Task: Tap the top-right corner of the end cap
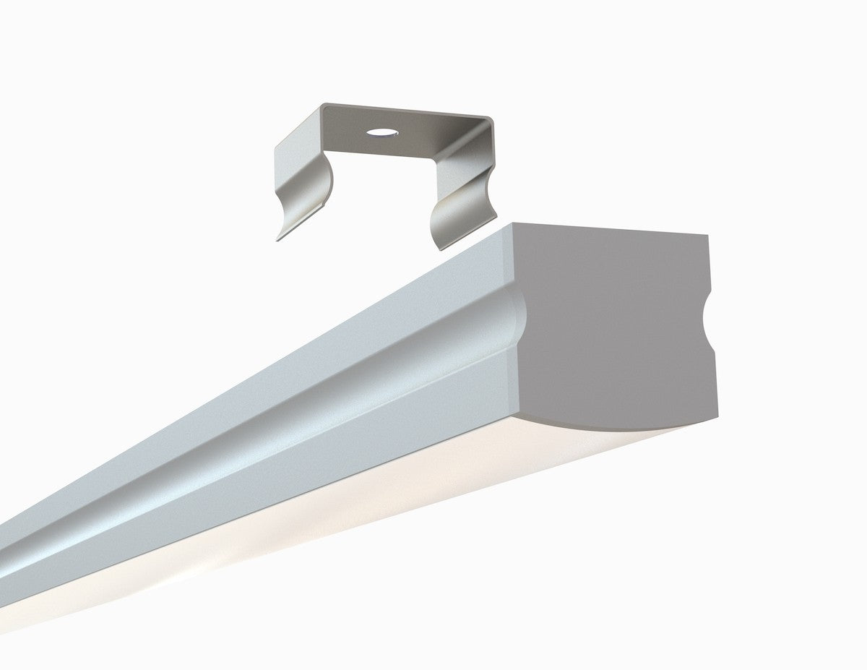point(706,236)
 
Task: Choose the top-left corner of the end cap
point(513,225)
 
